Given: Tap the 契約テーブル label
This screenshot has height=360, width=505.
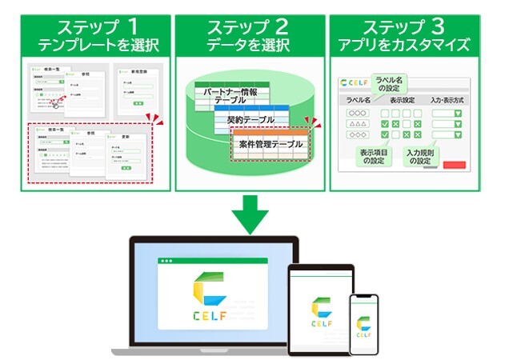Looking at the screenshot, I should pos(250,120).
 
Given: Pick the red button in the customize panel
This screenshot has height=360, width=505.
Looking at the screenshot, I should pos(453,166).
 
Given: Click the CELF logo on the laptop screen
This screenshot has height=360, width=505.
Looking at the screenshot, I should pos(210,295).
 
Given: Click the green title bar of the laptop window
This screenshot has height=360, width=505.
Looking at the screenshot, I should pos(210,261).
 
